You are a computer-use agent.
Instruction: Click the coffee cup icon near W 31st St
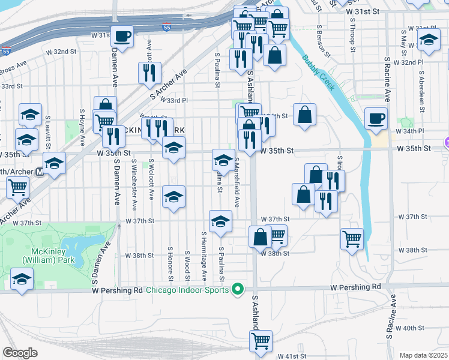tap(122, 35)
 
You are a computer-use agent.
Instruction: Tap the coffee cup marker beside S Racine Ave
tap(376, 118)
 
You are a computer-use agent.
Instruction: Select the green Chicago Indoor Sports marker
tap(238, 290)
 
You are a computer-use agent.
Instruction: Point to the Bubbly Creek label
tap(316, 70)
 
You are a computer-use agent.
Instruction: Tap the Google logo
tap(20, 352)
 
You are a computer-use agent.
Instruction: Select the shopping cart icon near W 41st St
tap(261, 341)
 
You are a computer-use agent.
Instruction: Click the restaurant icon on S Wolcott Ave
tap(148, 73)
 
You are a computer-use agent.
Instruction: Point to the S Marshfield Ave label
tap(238, 182)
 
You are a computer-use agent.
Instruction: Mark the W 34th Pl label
tap(410, 131)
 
